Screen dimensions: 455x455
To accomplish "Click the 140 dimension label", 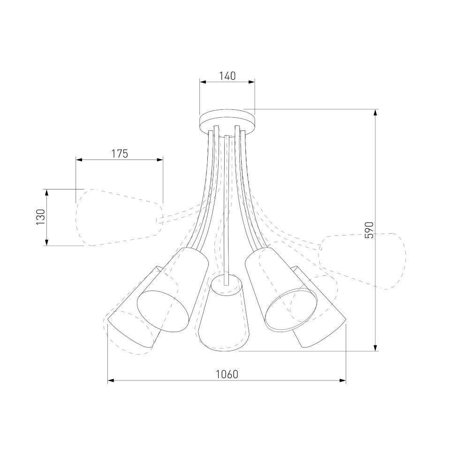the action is (227, 76).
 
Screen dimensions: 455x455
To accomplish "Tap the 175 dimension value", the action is (120, 153).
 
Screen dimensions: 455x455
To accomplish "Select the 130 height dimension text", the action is (41, 217).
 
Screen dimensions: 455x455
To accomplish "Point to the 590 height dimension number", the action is (369, 230).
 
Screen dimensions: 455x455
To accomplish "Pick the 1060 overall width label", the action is (227, 374).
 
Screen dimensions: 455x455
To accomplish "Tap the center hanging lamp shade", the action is (224, 313).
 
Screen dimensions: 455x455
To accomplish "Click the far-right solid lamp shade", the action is (319, 308).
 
